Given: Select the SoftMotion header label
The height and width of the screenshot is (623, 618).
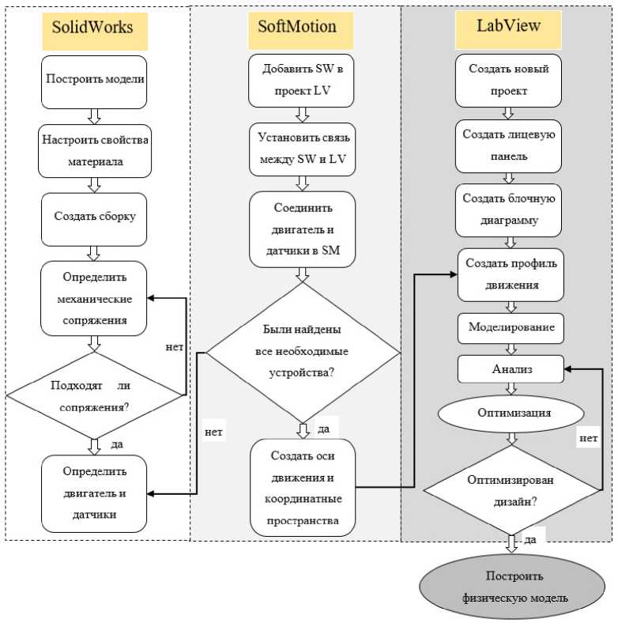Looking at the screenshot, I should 297,26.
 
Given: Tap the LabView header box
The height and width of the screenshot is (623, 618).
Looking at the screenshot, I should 508,26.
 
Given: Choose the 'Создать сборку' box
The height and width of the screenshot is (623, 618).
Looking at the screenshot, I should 94,217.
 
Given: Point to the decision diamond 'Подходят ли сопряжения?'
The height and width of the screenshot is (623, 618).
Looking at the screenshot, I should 94,393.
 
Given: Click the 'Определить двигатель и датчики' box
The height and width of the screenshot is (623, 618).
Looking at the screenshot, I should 94,493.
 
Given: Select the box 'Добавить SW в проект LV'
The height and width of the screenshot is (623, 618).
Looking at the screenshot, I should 302,81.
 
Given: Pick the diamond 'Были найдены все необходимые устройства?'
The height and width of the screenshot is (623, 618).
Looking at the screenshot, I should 302,351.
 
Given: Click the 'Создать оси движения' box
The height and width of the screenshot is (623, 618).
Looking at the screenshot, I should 302,488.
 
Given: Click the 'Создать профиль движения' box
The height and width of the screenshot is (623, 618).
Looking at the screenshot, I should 511,274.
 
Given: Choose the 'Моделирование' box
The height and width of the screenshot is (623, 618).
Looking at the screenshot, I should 511,327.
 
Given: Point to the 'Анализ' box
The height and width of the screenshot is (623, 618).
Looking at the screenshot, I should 511,368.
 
